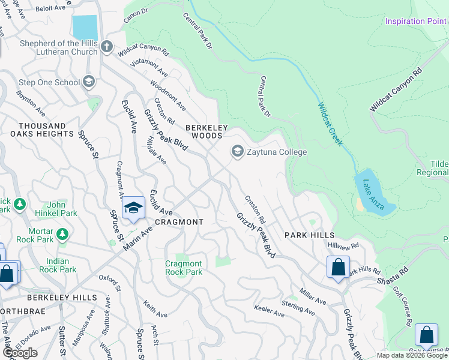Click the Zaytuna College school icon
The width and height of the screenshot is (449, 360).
click(x=238, y=152)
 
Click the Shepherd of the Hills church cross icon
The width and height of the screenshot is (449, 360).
click(x=107, y=47)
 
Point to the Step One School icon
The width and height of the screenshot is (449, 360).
click(x=89, y=82)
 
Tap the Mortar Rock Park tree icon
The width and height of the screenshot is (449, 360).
click(x=62, y=233)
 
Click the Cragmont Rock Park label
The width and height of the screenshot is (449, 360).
click(x=184, y=268)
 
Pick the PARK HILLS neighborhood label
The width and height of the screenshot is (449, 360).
click(x=309, y=235)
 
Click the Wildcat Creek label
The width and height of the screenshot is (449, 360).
click(x=330, y=124)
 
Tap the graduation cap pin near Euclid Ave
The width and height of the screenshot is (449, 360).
click(x=133, y=208)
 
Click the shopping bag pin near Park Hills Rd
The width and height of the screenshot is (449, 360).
click(x=338, y=266)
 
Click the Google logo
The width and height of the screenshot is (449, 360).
click(x=20, y=353)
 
